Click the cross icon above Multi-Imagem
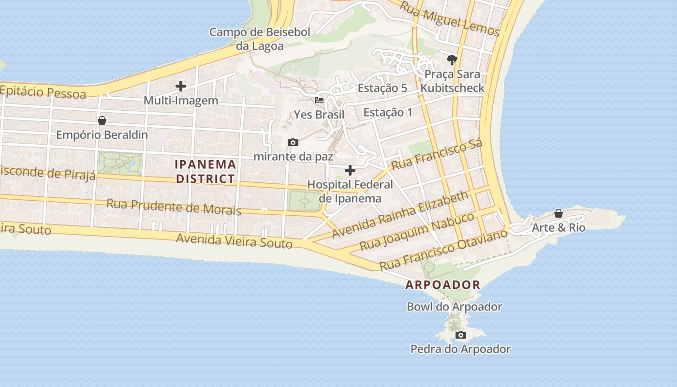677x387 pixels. pyautogui.click(x=181, y=87)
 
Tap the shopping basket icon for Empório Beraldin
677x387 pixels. pyautogui.click(x=102, y=120)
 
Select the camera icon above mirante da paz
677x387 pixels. pyautogui.click(x=293, y=142)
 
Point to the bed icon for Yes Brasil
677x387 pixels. pyautogui.click(x=319, y=101)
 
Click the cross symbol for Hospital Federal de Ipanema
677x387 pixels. pyautogui.click(x=350, y=170)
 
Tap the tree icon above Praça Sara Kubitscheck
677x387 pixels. pyautogui.click(x=452, y=60)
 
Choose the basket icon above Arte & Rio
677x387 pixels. pyautogui.click(x=559, y=213)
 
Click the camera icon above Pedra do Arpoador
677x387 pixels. pyautogui.click(x=460, y=335)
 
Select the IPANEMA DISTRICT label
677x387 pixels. pyautogui.click(x=206, y=171)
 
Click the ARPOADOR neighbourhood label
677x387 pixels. pyautogui.click(x=443, y=285)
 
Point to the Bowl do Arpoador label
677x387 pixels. pyautogui.click(x=454, y=307)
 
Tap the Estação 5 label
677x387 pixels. pyautogui.click(x=382, y=88)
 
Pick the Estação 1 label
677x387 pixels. pyautogui.click(x=388, y=113)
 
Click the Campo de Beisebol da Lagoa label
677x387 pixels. pyautogui.click(x=260, y=39)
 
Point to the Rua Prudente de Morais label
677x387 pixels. pyautogui.click(x=174, y=206)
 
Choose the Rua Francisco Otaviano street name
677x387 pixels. pyautogui.click(x=443, y=250)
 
